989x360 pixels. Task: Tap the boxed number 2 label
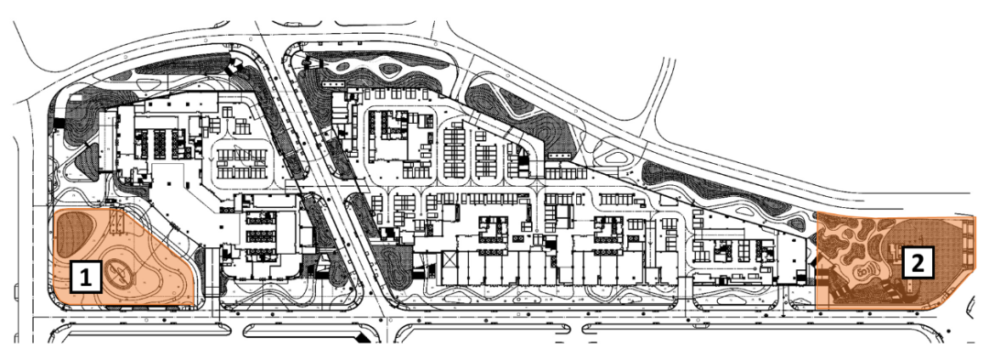(x=918, y=263)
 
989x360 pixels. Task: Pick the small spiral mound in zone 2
(x=866, y=272)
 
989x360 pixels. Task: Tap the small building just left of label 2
(x=895, y=256)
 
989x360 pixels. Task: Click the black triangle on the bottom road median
(x=364, y=339)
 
